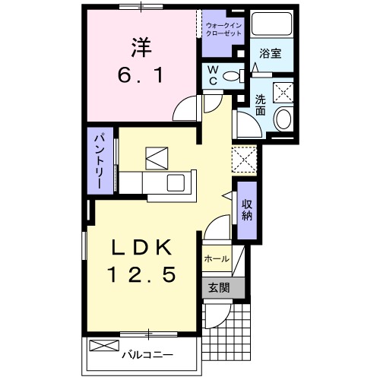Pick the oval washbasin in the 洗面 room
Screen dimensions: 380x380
[x=283, y=119]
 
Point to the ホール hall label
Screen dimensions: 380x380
[x=217, y=259]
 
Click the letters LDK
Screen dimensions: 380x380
[x=145, y=247]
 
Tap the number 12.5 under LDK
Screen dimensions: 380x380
[x=145, y=275]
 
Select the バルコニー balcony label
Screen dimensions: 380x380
[x=148, y=354]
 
